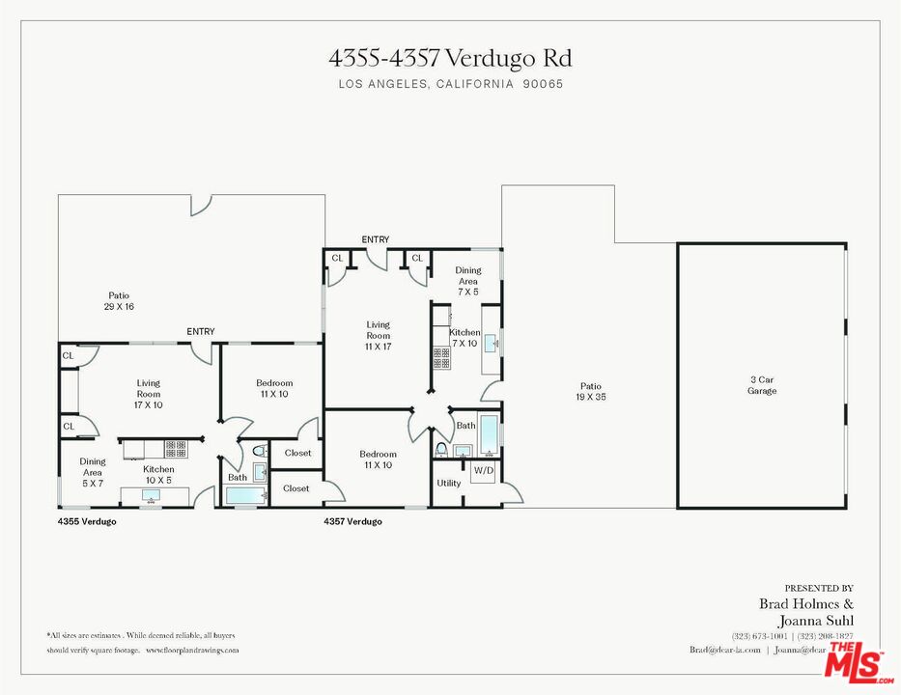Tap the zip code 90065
pyautogui.click(x=543, y=84)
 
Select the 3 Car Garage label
pyautogui.click(x=761, y=385)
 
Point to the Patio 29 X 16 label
pyautogui.click(x=119, y=301)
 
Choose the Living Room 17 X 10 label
pyautogui.click(x=148, y=394)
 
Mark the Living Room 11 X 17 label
pyautogui.click(x=378, y=335)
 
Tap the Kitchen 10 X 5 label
pyautogui.click(x=158, y=474)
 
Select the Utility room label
pyautogui.click(x=449, y=483)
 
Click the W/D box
pyautogui.click(x=482, y=472)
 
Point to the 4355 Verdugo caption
pyautogui.click(x=88, y=521)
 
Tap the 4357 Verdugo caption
pyautogui.click(x=352, y=521)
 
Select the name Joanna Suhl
pyautogui.click(x=816, y=620)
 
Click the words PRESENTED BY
pyautogui.click(x=818, y=588)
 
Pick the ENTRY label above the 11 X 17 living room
pyautogui.click(x=376, y=239)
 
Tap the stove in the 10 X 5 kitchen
pyautogui.click(x=175, y=449)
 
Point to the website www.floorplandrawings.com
pyautogui.click(x=191, y=651)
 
